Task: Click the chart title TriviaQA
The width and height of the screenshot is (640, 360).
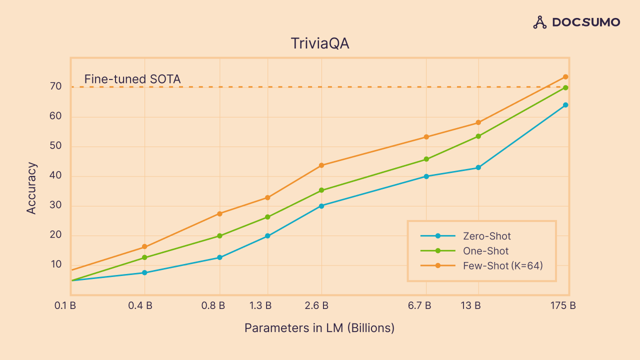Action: point(320,43)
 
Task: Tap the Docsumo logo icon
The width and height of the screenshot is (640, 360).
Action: point(540,22)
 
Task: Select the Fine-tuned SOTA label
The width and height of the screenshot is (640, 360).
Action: point(132,79)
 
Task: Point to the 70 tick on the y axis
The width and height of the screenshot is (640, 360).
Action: point(55,86)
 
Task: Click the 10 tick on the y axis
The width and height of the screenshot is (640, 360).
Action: point(55,264)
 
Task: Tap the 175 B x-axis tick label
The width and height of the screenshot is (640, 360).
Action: point(563,305)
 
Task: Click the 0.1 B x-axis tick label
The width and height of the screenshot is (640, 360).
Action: point(65,305)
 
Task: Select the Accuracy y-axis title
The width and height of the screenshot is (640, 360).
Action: point(31,188)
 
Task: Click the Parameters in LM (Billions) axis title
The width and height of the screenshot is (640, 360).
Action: point(319,328)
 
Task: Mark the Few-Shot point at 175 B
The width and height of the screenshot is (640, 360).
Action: point(565,77)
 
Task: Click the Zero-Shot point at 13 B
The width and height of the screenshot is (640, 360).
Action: point(478,167)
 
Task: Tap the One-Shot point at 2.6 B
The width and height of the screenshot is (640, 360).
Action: point(321,190)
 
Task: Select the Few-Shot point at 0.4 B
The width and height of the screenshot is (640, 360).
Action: point(144,247)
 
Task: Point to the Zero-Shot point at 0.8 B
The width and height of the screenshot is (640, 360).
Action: point(219,257)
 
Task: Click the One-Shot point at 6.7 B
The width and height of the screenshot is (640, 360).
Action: point(426,159)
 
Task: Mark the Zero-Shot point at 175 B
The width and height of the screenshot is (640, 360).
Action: point(565,105)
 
